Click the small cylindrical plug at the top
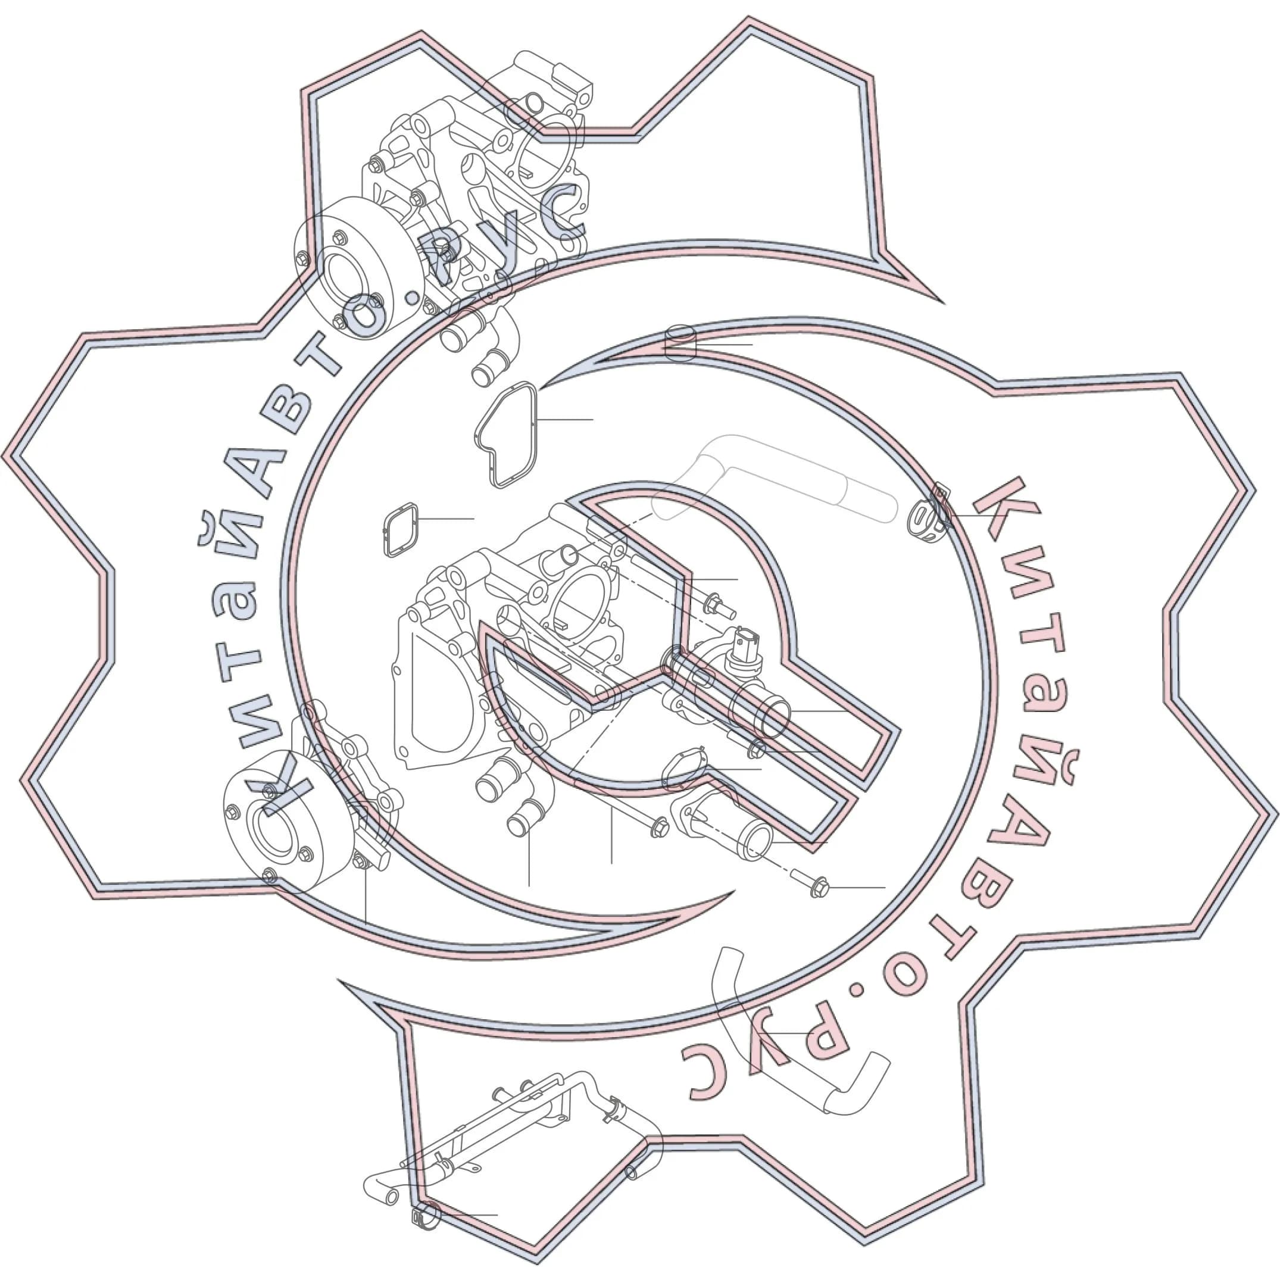[x=680, y=343]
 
